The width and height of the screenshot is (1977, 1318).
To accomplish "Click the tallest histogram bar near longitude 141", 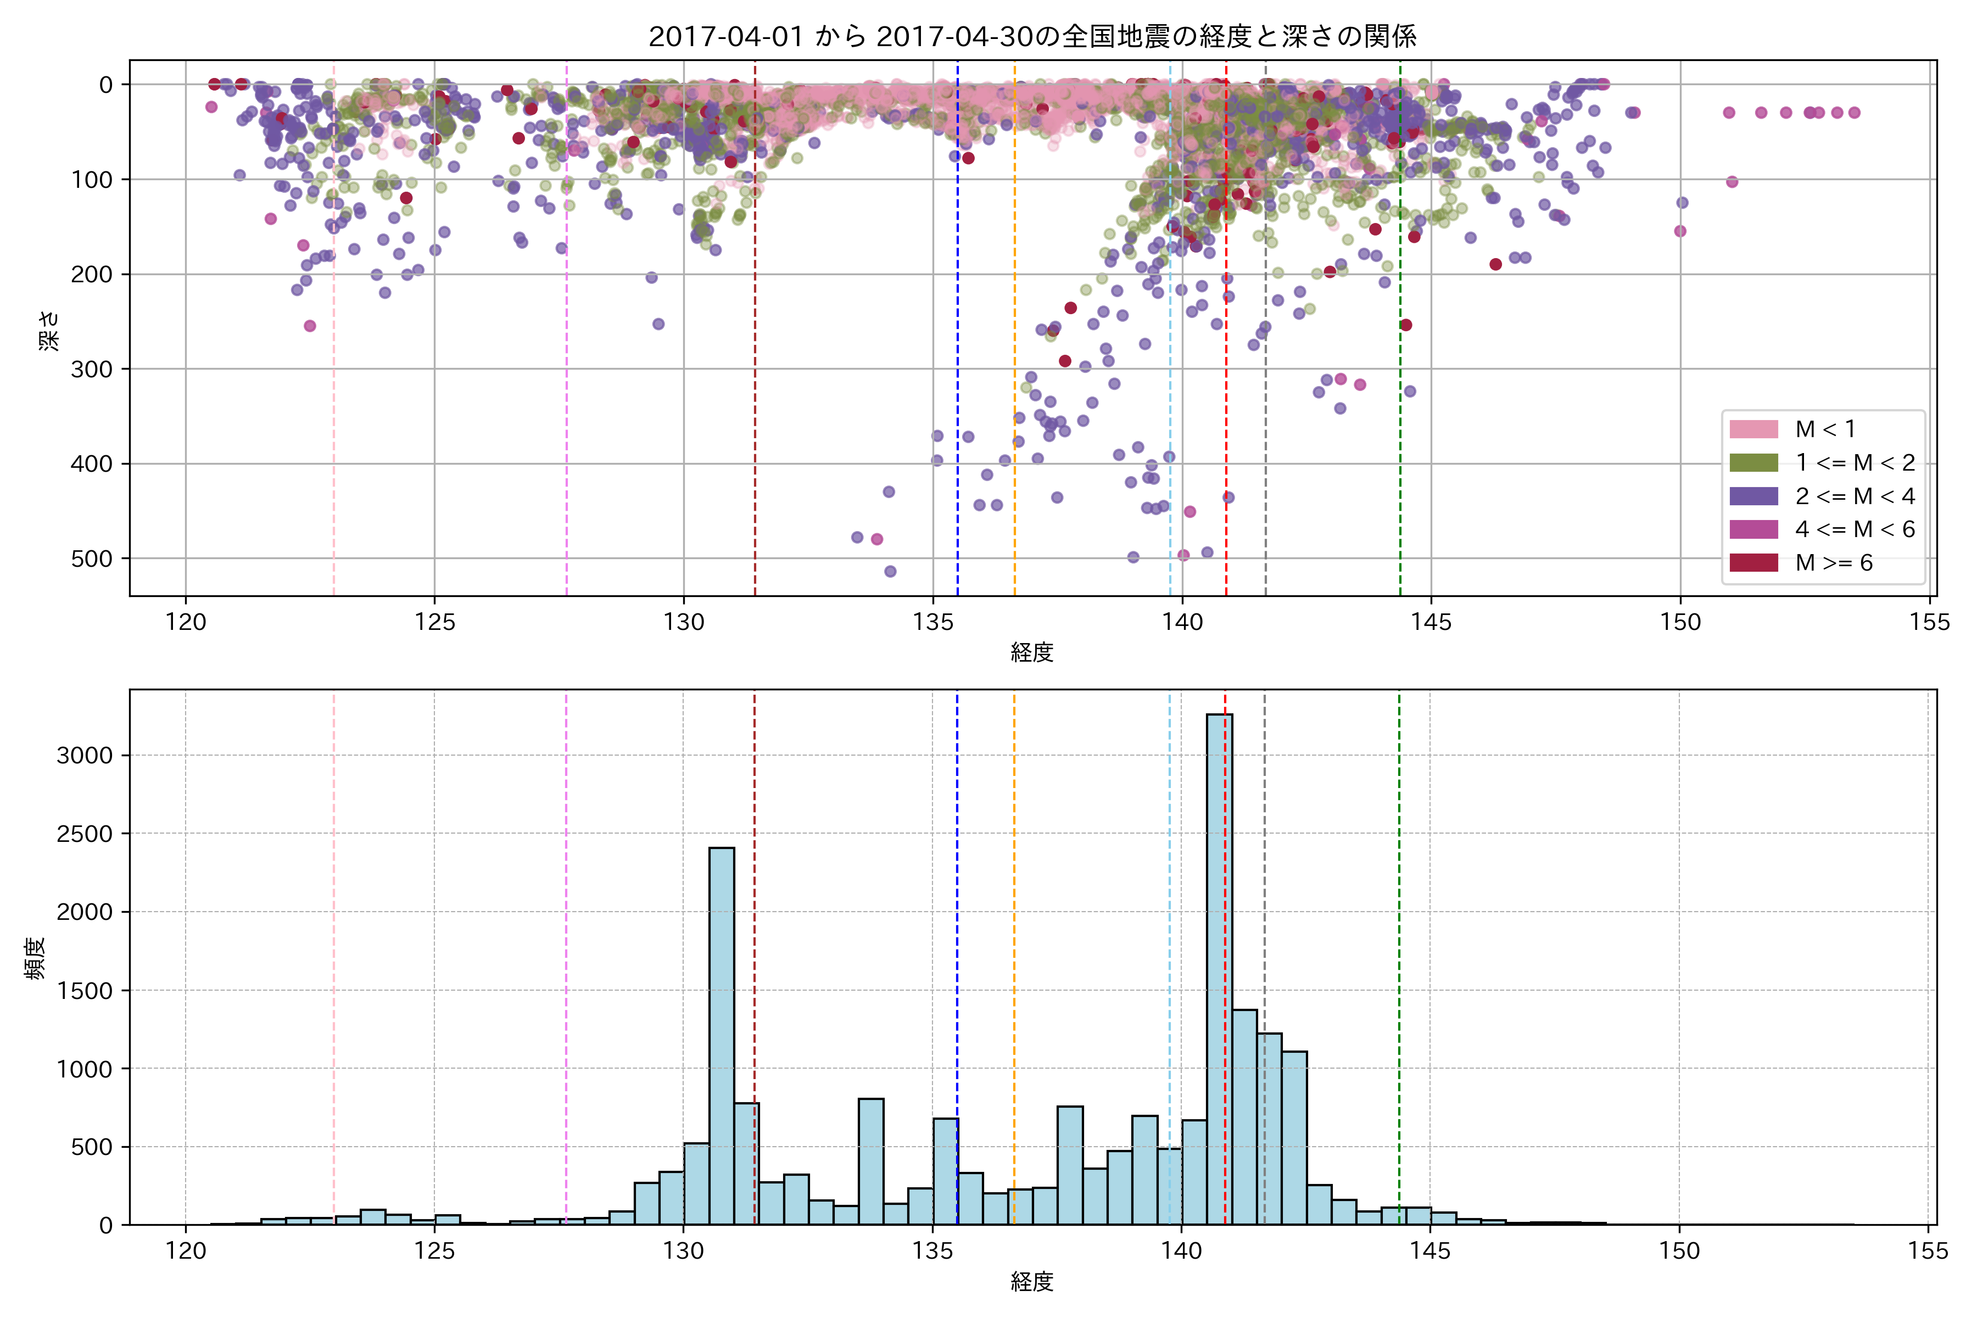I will click(1219, 967).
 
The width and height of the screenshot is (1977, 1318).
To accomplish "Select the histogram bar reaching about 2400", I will click(721, 1034).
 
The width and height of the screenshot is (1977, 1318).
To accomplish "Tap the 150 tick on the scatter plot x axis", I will click(1679, 623).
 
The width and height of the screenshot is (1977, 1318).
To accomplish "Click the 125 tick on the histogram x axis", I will click(434, 1252).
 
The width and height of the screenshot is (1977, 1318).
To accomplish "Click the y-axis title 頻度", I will click(35, 958).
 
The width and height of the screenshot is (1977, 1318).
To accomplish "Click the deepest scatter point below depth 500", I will click(890, 572).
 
